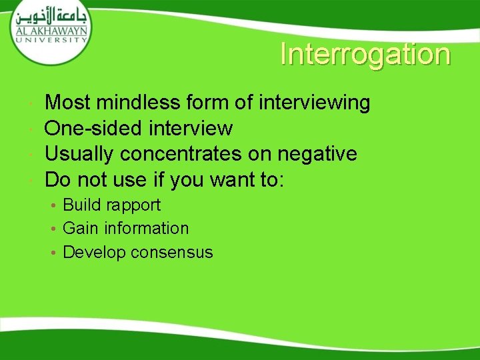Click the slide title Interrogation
point(365,55)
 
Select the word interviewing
point(314,103)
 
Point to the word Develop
point(94,253)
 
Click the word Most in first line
point(67,103)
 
